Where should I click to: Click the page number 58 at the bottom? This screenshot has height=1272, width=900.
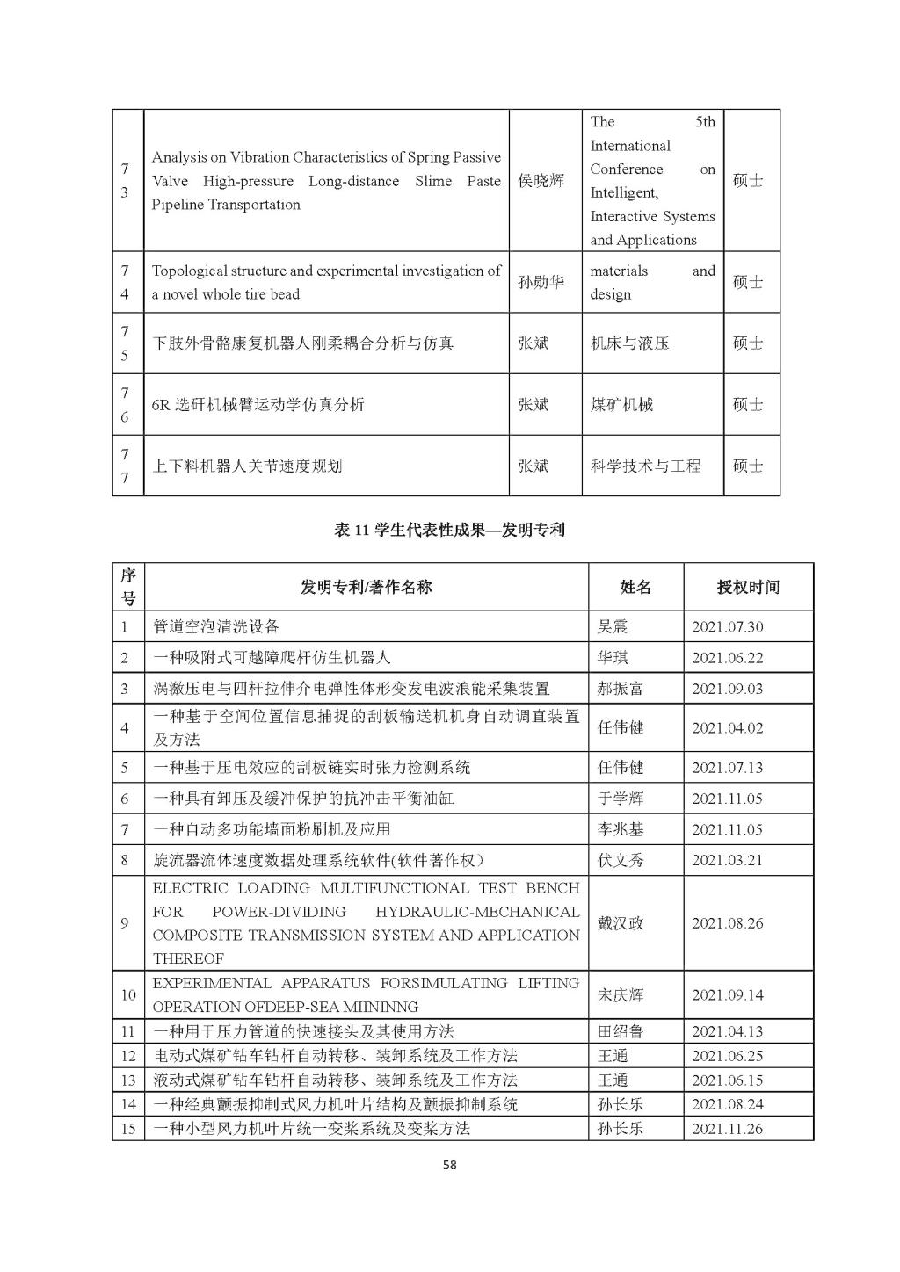[449, 1166]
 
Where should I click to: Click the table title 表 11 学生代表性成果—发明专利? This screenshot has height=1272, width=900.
[449, 530]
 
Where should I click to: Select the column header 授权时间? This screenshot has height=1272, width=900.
[748, 587]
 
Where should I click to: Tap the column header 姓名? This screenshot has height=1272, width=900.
[635, 587]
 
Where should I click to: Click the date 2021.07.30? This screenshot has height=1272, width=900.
[727, 626]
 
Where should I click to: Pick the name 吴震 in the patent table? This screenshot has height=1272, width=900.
[613, 626]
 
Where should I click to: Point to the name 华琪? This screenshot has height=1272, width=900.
[613, 657]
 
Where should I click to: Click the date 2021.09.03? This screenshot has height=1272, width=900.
[727, 688]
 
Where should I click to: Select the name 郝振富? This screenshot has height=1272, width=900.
[621, 688]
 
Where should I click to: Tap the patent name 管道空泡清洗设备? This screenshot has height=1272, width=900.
[216, 626]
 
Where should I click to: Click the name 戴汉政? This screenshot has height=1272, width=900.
[621, 923]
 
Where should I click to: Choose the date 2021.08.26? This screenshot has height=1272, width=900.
[727, 923]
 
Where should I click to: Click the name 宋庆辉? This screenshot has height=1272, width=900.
[621, 995]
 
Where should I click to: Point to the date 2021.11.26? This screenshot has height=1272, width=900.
[727, 1128]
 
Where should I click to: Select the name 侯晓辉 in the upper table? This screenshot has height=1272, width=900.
[541, 181]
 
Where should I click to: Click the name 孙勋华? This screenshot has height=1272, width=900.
[541, 282]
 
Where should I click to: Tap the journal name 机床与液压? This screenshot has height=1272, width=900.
[629, 343]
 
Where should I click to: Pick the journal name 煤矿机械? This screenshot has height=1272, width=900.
[621, 404]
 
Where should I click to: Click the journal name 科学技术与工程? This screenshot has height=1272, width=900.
[645, 466]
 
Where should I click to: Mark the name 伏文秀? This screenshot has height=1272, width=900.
[621, 860]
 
